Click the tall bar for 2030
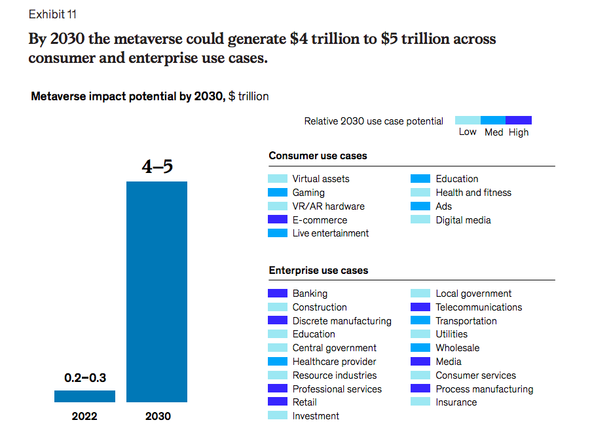click(x=157, y=292)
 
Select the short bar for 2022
click(x=84, y=396)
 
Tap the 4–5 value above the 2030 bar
click(x=157, y=166)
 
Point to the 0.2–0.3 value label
click(x=84, y=378)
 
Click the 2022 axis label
click(x=84, y=416)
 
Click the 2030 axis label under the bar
click(x=157, y=416)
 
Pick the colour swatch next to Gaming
click(x=278, y=193)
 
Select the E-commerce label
click(x=320, y=220)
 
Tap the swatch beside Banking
click(x=278, y=294)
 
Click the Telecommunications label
click(x=479, y=307)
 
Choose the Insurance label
click(x=456, y=402)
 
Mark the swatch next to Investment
click(x=278, y=415)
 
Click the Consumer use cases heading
click(x=318, y=156)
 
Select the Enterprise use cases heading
click(x=318, y=271)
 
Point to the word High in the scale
click(x=518, y=132)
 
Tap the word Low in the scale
click(x=468, y=132)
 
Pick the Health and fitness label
click(x=473, y=193)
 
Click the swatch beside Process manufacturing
click(x=420, y=389)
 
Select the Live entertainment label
click(x=331, y=233)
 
